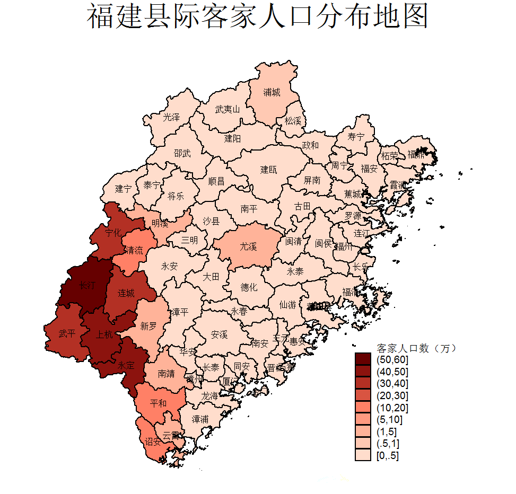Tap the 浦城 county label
(272, 92)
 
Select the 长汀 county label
(88, 285)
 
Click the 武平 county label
(67, 334)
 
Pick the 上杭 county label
(104, 334)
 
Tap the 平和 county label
(158, 403)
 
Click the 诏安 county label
(153, 442)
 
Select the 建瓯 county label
(268, 170)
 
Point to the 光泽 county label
(171, 117)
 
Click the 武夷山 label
(228, 110)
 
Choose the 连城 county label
(126, 293)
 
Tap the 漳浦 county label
(200, 419)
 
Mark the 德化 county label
(249, 287)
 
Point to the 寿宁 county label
(356, 137)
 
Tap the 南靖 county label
(167, 373)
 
